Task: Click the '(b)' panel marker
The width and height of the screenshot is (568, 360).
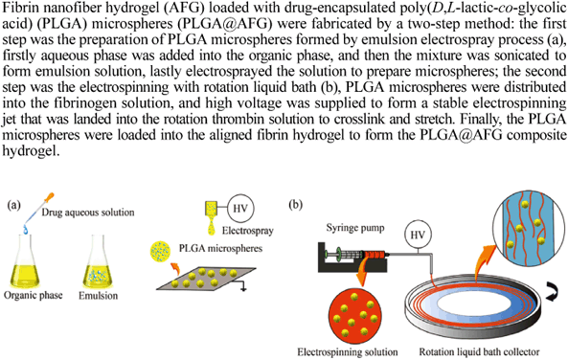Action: pyautogui.click(x=297, y=203)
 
